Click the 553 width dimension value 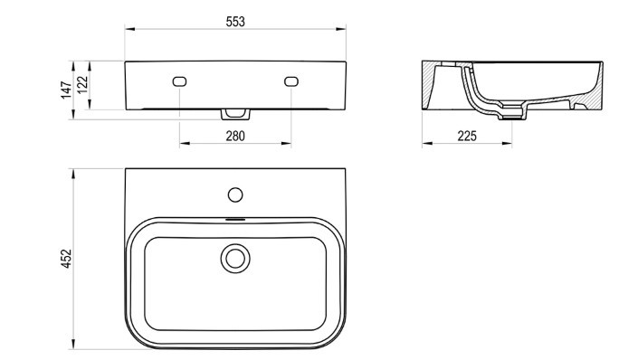[235, 22]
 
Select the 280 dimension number [235, 136]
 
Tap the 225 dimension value [467, 136]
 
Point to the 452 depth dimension [66, 259]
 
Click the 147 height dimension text [66, 90]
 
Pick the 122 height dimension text [82, 85]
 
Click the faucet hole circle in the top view [235, 194]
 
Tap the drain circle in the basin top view [235, 259]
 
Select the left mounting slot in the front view [179, 81]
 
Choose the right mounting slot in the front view [290, 81]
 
